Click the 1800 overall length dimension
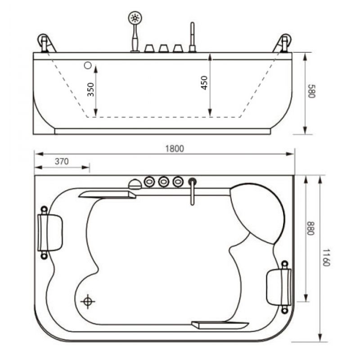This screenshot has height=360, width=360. (x=175, y=149)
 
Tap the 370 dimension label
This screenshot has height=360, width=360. (x=62, y=162)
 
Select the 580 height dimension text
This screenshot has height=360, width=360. (x=311, y=91)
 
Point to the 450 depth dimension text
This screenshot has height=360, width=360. (x=204, y=83)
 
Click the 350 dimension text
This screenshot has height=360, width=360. (x=91, y=89)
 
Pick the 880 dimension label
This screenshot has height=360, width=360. (x=310, y=228)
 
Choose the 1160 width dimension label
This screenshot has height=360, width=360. (x=326, y=257)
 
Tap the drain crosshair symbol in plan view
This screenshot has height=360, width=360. (x=88, y=301)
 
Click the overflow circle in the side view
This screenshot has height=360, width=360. (x=88, y=65)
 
